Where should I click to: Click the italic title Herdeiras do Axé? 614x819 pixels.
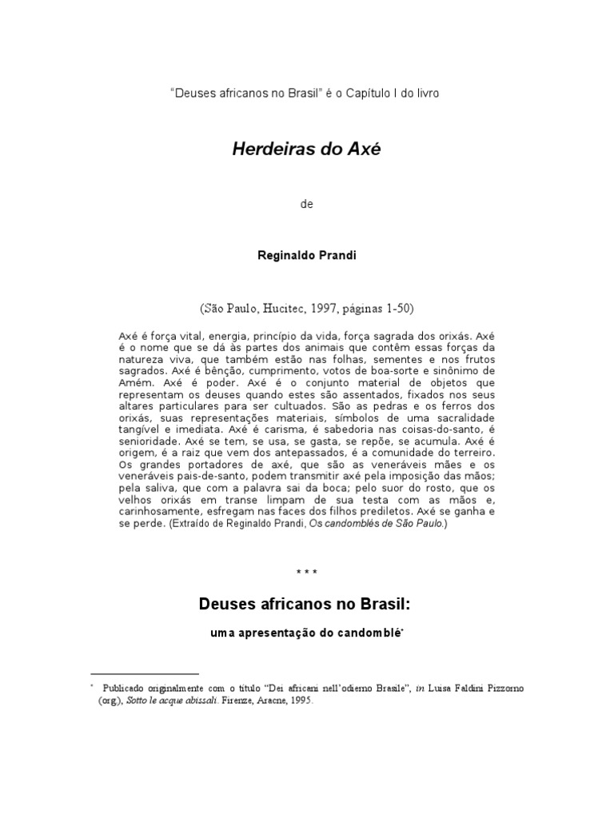(306, 150)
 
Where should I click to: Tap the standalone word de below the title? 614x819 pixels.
(306, 204)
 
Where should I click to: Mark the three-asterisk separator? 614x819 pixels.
(306, 573)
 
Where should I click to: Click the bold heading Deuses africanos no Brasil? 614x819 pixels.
(306, 605)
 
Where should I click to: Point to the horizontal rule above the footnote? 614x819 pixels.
(145, 674)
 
